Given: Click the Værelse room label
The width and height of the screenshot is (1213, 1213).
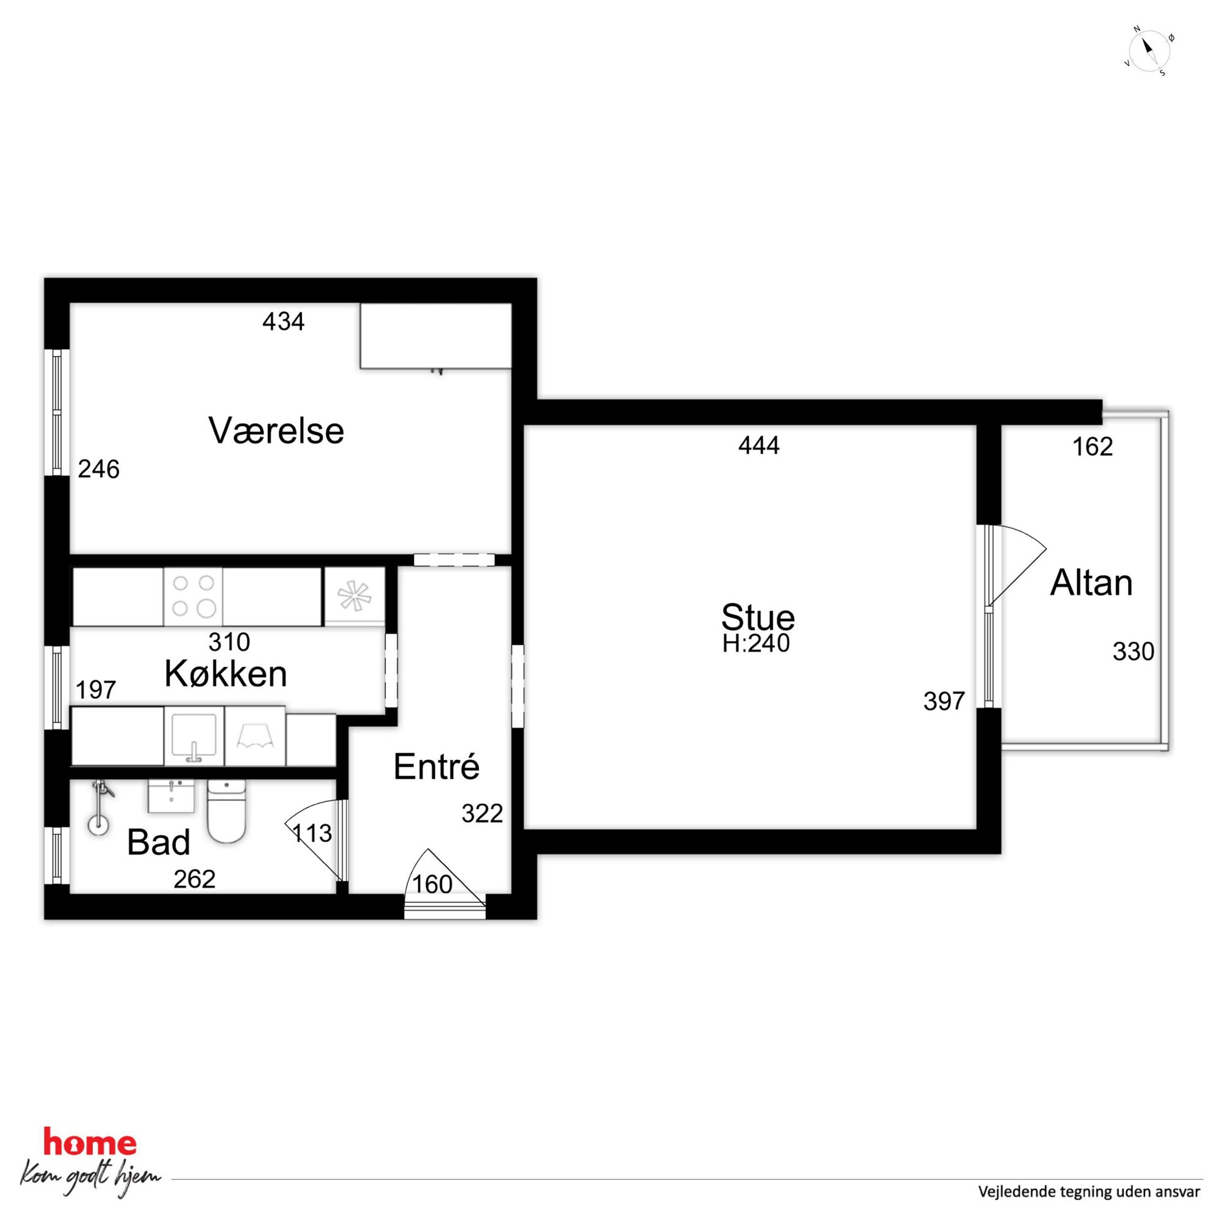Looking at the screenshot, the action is tap(276, 430).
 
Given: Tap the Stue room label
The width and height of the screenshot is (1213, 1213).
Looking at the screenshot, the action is tap(758, 616).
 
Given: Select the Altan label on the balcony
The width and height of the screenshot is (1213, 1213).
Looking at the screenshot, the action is tap(1091, 583).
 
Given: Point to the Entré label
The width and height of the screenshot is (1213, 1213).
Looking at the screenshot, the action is tap(437, 766).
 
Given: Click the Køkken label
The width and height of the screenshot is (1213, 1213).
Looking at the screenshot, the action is tap(226, 674).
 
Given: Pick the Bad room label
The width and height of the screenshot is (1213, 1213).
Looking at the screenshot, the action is tap(158, 842).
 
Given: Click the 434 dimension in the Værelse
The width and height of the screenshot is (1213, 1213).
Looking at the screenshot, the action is tap(283, 322).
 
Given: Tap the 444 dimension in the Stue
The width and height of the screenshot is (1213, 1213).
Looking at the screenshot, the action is tap(759, 445).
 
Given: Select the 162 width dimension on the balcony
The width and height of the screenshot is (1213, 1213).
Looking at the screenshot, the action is tap(1093, 446).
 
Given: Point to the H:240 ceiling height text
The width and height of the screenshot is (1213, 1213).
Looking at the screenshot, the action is tap(756, 643).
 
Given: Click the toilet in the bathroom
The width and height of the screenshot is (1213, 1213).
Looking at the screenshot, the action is tap(226, 811).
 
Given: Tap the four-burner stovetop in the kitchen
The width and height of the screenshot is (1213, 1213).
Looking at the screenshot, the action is tap(193, 597).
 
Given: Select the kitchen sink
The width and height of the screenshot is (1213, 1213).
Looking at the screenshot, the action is tap(194, 736).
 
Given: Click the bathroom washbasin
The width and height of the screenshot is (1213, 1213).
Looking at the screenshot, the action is tap(171, 796).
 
